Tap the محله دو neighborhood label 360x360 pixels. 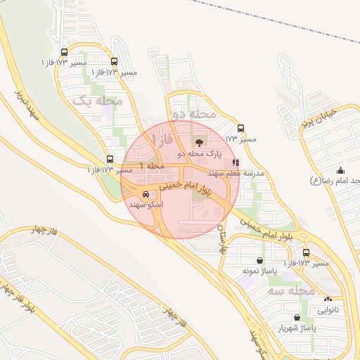[193, 113]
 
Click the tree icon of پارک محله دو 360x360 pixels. [195, 143]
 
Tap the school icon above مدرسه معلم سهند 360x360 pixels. [235, 162]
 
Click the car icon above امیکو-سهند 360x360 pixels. [146, 194]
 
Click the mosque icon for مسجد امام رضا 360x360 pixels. [341, 170]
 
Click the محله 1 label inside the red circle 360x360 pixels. [151, 165]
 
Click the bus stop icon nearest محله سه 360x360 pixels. [306, 253]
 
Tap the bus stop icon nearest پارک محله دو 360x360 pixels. [241, 129]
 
